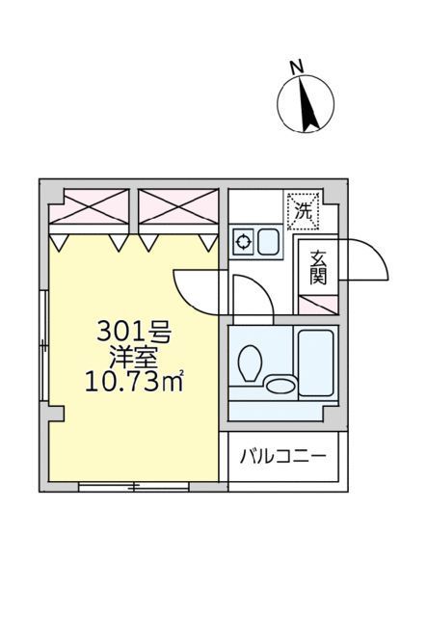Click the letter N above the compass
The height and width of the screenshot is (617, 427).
click(x=297, y=67)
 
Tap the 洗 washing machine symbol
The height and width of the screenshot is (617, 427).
click(x=304, y=211)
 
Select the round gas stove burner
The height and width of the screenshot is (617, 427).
click(x=243, y=242)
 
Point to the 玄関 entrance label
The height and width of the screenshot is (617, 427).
click(x=318, y=268)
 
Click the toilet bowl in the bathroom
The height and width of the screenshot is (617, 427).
click(x=251, y=363)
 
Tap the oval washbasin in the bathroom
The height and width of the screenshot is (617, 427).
click(x=281, y=386)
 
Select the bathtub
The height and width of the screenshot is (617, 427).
click(x=315, y=362)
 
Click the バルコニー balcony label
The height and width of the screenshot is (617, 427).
click(x=283, y=457)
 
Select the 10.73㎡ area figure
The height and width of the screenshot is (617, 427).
click(x=134, y=382)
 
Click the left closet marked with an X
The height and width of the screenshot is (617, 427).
click(x=89, y=206)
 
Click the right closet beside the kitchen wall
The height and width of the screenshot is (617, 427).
click(x=178, y=206)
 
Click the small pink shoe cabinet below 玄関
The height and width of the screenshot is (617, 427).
click(x=318, y=305)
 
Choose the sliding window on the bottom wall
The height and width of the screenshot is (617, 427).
click(x=134, y=487)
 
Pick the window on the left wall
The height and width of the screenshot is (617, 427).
click(x=44, y=345)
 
